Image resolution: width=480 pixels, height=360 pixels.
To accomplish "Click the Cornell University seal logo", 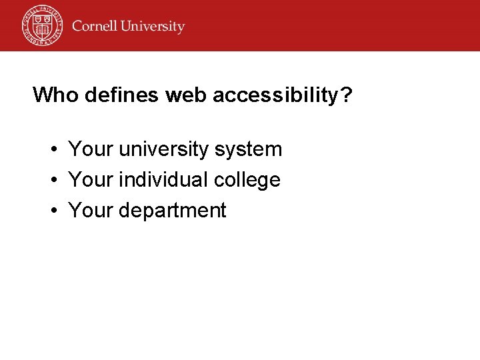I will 41,25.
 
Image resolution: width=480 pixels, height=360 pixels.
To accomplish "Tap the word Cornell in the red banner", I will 94,27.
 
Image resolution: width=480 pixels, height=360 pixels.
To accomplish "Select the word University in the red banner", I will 152,27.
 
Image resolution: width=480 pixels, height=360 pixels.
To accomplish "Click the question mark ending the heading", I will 346,95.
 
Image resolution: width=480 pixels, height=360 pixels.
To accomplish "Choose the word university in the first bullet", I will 164,149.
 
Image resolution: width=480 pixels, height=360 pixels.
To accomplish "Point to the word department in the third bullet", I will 172,211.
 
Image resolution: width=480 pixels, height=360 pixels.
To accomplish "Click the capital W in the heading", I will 43,95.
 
